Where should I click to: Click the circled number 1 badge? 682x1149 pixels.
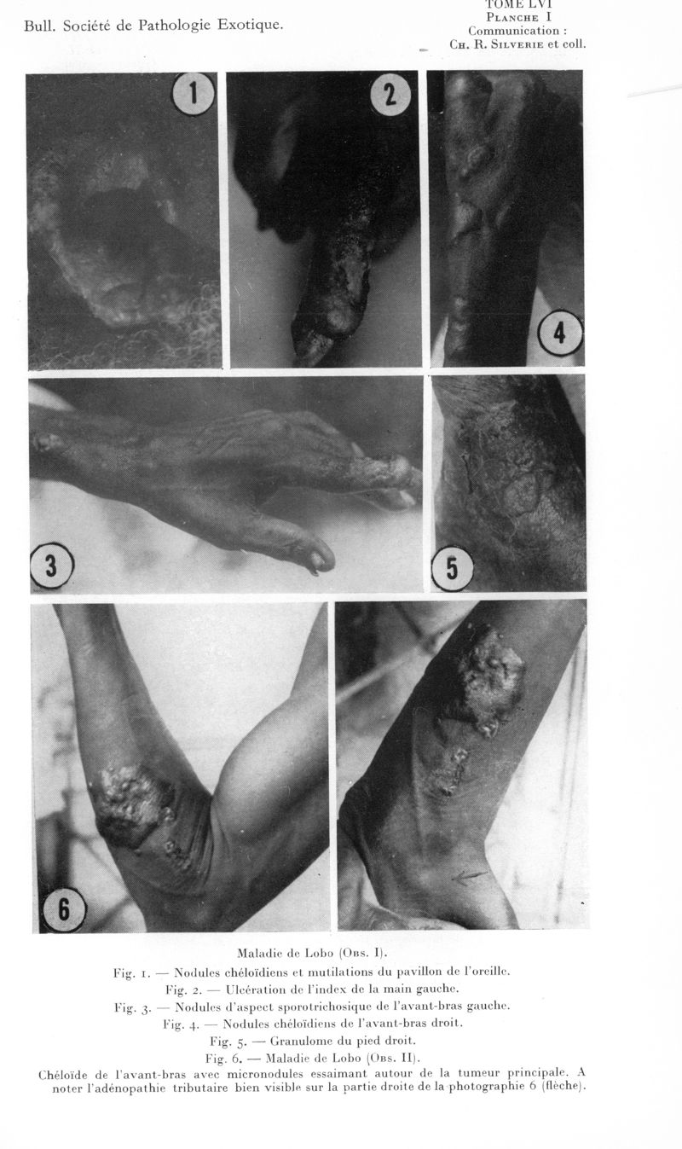coord(194,94)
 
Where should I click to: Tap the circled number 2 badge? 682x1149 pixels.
coord(390,95)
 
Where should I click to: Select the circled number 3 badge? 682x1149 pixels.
coord(51,566)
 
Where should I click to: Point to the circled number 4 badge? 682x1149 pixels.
coord(560,334)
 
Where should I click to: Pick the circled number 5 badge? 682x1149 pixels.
coord(452,569)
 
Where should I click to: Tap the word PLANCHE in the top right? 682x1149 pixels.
coord(511,17)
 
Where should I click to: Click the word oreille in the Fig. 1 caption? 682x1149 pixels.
coord(488,971)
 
